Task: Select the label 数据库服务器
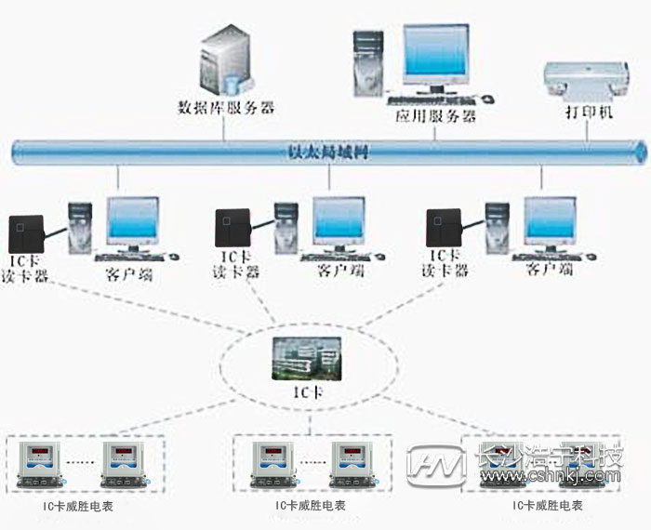[226, 108]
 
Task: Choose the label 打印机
[589, 113]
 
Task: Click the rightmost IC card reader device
[444, 228]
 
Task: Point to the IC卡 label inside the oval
[306, 392]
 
